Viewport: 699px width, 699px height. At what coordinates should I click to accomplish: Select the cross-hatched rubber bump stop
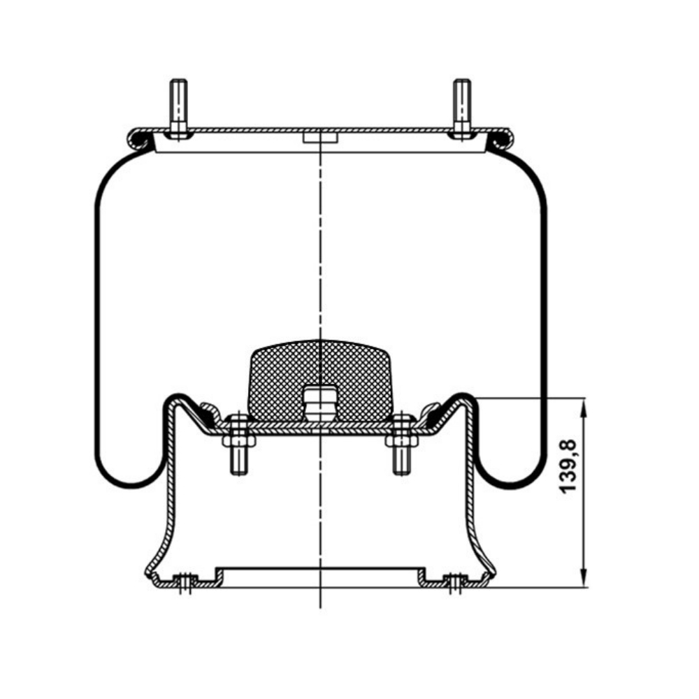[321, 380]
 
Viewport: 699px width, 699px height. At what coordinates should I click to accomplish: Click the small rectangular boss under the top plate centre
[321, 137]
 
